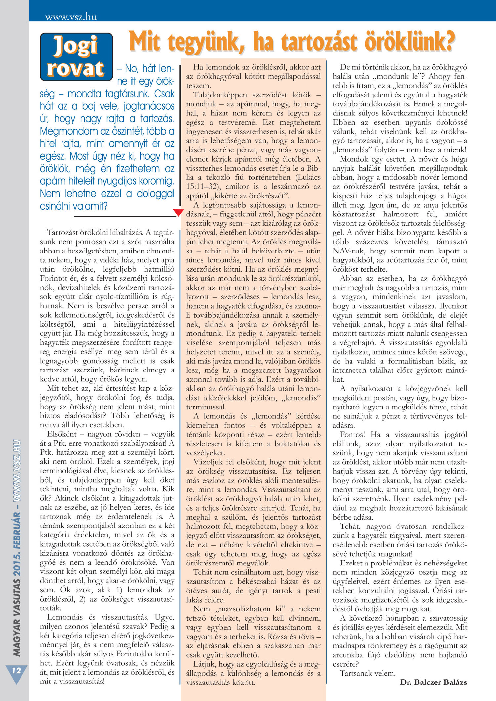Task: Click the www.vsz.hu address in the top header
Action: pyautogui.click(x=71, y=17)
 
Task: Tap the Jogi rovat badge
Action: pyautogui.click(x=76, y=57)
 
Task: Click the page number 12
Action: pyautogui.click(x=16, y=670)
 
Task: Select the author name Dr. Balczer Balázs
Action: pyautogui.click(x=434, y=682)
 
